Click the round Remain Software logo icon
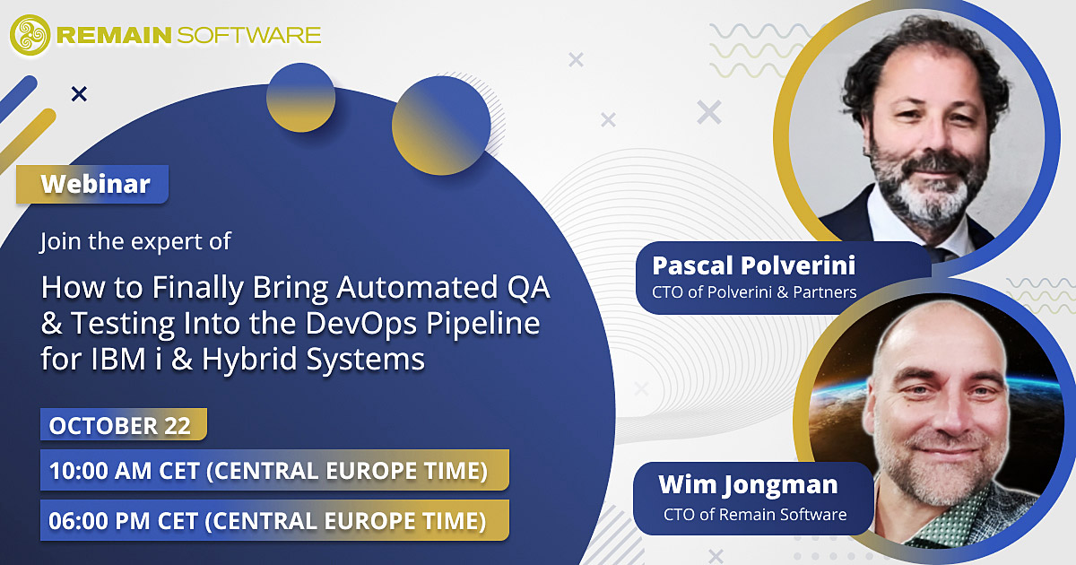coord(30,35)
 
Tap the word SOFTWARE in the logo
coord(249,35)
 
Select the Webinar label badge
coord(92,184)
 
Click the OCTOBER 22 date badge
coord(124,425)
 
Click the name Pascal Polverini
coord(754,265)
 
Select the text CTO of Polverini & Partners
coord(754,292)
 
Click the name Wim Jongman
coord(748,485)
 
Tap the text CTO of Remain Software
coord(755,515)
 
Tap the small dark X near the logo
coord(79,94)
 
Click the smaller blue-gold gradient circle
coord(300,98)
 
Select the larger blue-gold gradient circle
coord(441,126)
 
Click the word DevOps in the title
coord(360,324)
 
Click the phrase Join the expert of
coord(135,241)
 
